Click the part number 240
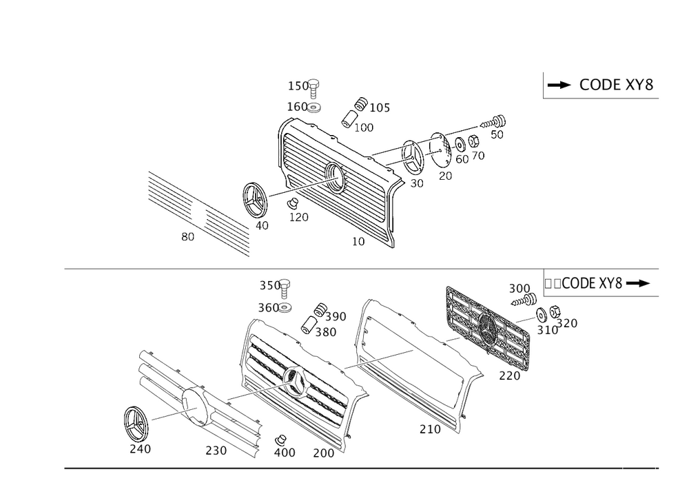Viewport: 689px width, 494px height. tap(140, 449)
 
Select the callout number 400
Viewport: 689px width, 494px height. tap(285, 452)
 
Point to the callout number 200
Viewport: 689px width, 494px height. tap(322, 452)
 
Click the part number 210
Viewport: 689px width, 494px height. tap(429, 429)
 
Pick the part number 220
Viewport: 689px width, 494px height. tap(510, 376)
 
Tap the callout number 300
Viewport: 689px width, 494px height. tap(518, 287)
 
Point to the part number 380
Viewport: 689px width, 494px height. tap(326, 332)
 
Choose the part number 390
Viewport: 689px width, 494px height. tap(336, 316)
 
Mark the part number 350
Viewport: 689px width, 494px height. tap(269, 285)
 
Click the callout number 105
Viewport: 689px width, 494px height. tap(380, 107)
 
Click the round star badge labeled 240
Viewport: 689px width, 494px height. tap(135, 422)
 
